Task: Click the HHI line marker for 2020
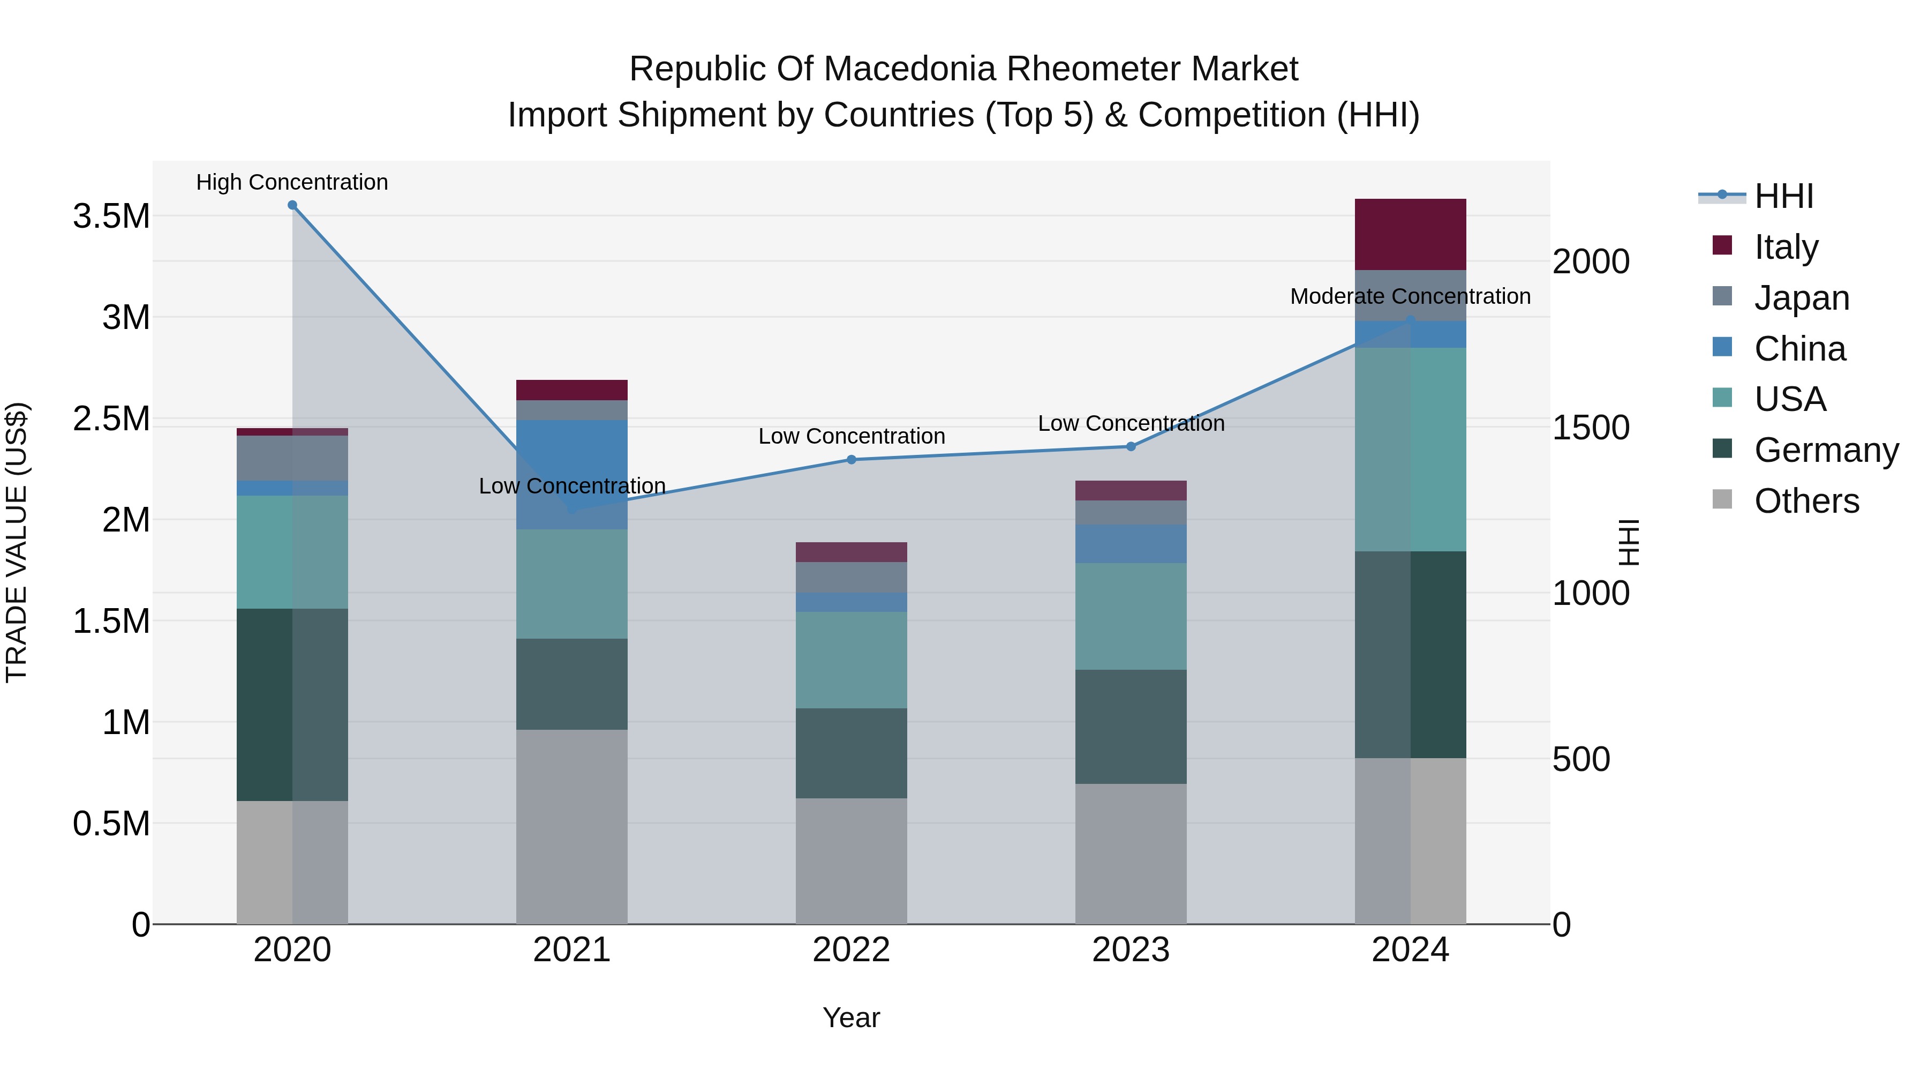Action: (292, 205)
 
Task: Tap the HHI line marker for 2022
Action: (851, 460)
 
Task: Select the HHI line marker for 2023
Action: (1131, 446)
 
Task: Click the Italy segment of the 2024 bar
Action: (1410, 234)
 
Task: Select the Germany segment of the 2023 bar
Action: (1131, 727)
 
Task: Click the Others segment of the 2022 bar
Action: (851, 861)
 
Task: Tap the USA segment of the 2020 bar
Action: (292, 552)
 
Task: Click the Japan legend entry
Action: (1801, 297)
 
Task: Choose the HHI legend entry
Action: (1783, 196)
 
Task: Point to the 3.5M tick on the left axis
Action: (111, 216)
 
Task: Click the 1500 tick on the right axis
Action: (1591, 428)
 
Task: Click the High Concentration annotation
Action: (292, 182)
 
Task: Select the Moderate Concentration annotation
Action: (1410, 296)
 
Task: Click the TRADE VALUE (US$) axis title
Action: (17, 542)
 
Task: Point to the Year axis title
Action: (851, 1017)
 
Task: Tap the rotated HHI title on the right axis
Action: (1628, 542)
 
